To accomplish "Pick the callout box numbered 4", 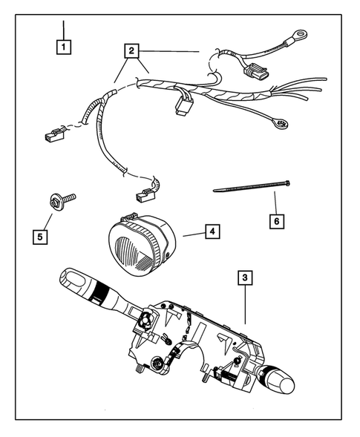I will [212, 232].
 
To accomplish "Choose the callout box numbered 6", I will [275, 220].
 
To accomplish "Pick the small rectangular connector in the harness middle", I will [181, 108].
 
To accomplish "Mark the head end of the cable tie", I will [286, 183].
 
